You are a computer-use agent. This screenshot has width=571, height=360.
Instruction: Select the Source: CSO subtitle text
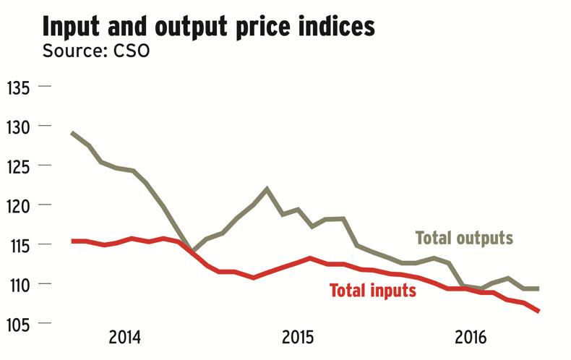click(x=95, y=52)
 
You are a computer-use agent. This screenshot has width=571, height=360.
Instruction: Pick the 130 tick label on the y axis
click(x=19, y=127)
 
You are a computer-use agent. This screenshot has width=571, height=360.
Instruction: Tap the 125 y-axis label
click(x=19, y=166)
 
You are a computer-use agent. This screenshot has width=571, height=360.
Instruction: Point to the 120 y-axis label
click(x=19, y=205)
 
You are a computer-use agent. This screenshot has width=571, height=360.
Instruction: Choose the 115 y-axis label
click(x=19, y=245)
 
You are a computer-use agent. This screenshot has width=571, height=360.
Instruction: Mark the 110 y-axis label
click(x=19, y=284)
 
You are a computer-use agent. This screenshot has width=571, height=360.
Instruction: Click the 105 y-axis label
click(x=19, y=323)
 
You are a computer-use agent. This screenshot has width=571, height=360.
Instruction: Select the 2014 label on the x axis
click(x=125, y=338)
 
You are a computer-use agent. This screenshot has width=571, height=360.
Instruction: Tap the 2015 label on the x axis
click(x=298, y=338)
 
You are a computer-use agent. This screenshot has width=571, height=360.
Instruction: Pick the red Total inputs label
click(x=372, y=291)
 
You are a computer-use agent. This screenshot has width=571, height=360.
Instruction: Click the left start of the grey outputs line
click(x=73, y=133)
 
